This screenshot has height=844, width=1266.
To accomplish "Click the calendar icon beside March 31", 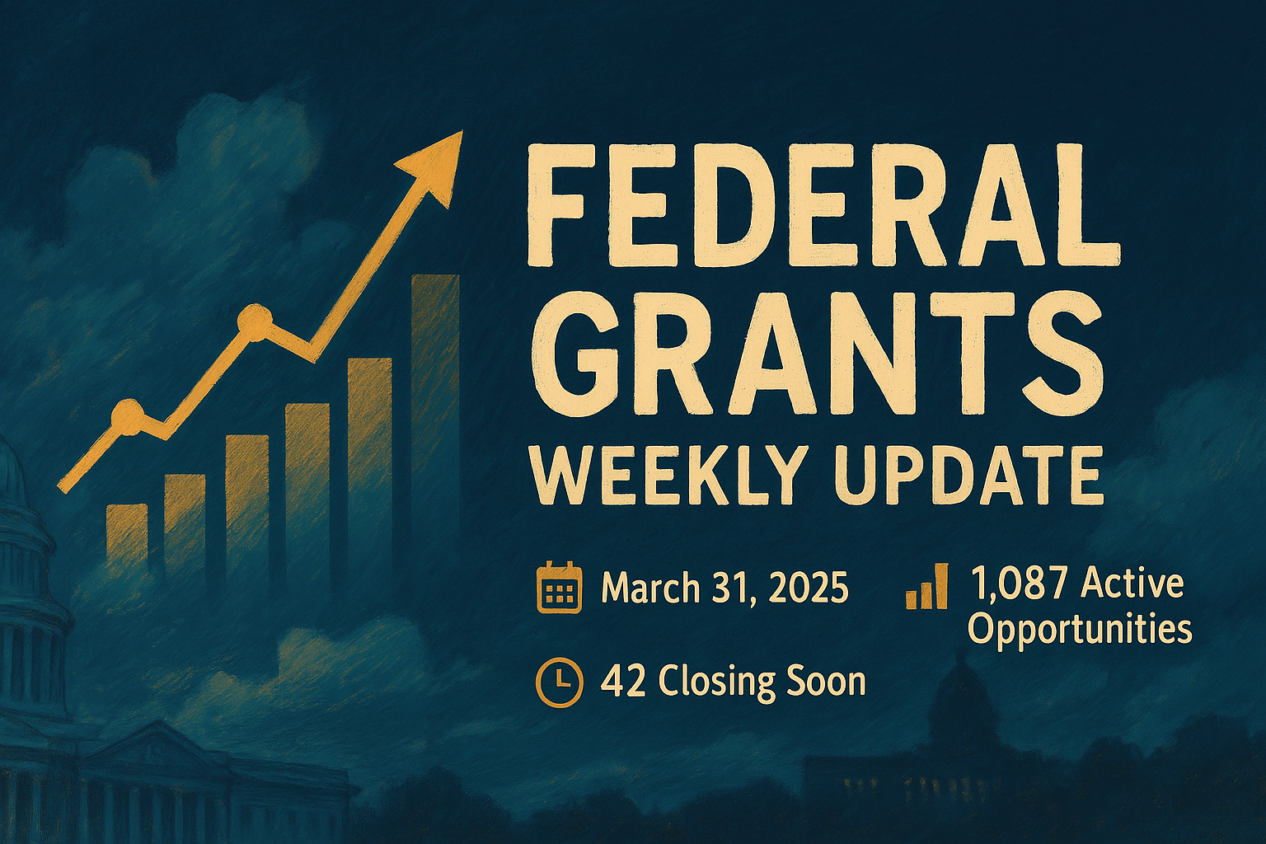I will click(559, 588).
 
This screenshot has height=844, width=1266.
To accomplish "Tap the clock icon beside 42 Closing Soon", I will click(559, 682).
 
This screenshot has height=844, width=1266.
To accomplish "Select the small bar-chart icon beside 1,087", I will click(926, 587).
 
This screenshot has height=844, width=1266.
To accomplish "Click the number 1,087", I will click(1019, 584).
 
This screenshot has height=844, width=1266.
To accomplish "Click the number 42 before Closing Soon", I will click(623, 682).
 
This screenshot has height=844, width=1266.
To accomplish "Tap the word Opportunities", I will click(1080, 630).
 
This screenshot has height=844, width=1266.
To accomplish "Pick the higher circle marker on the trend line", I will click(254, 322).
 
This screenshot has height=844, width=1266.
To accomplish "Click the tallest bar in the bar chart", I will click(435, 412).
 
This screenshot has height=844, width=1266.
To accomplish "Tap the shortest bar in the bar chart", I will click(127, 536).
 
